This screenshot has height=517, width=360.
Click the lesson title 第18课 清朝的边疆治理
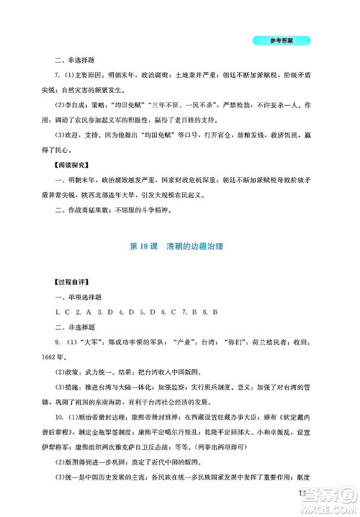[179, 247]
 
